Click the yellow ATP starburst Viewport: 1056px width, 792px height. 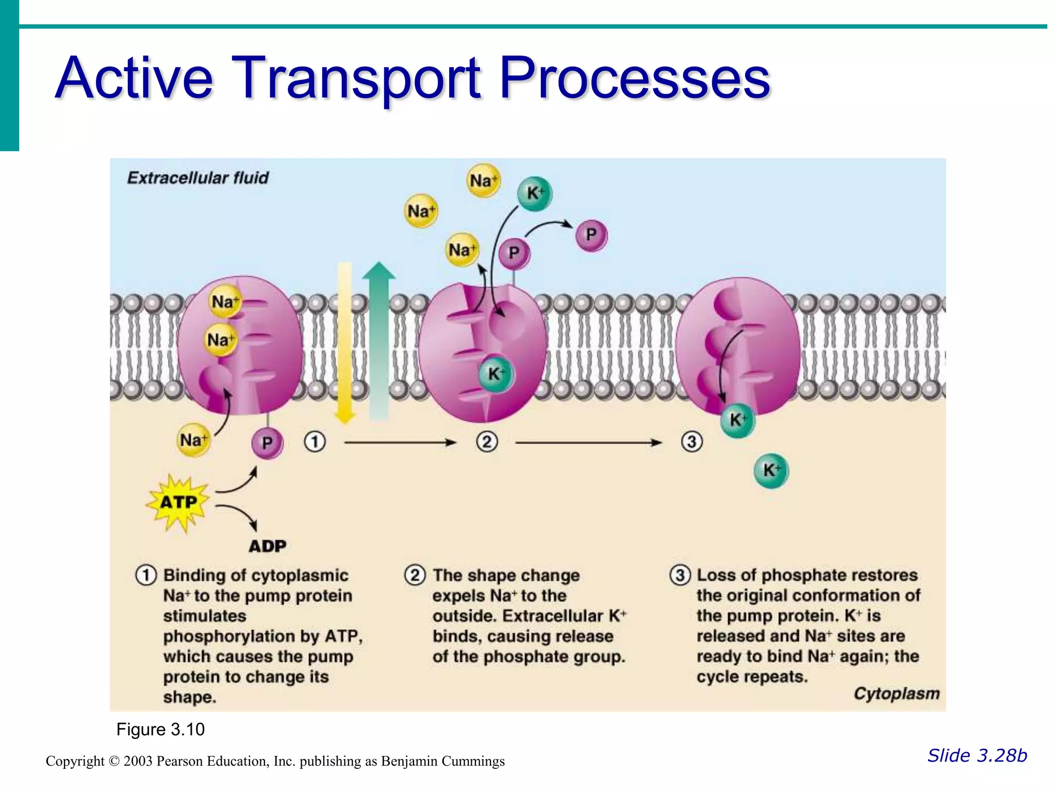click(178, 502)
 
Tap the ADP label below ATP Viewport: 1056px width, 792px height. click(267, 546)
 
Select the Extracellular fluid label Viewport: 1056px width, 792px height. click(197, 178)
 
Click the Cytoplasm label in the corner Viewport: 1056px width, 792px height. click(896, 694)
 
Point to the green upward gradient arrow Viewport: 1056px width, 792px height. click(379, 340)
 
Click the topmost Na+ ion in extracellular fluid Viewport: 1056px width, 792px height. click(483, 180)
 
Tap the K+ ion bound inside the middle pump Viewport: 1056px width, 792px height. click(495, 374)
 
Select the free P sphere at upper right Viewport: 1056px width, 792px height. click(591, 235)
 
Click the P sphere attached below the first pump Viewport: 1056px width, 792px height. click(267, 443)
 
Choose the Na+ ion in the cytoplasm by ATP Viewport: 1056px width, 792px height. click(193, 440)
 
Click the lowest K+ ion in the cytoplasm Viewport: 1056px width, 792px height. click(771, 470)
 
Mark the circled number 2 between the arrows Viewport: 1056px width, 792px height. click(487, 442)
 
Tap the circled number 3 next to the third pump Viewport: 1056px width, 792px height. click(691, 442)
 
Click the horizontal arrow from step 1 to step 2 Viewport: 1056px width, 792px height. click(400, 442)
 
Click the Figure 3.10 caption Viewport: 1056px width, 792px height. click(160, 730)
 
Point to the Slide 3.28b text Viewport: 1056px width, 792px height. click(977, 755)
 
